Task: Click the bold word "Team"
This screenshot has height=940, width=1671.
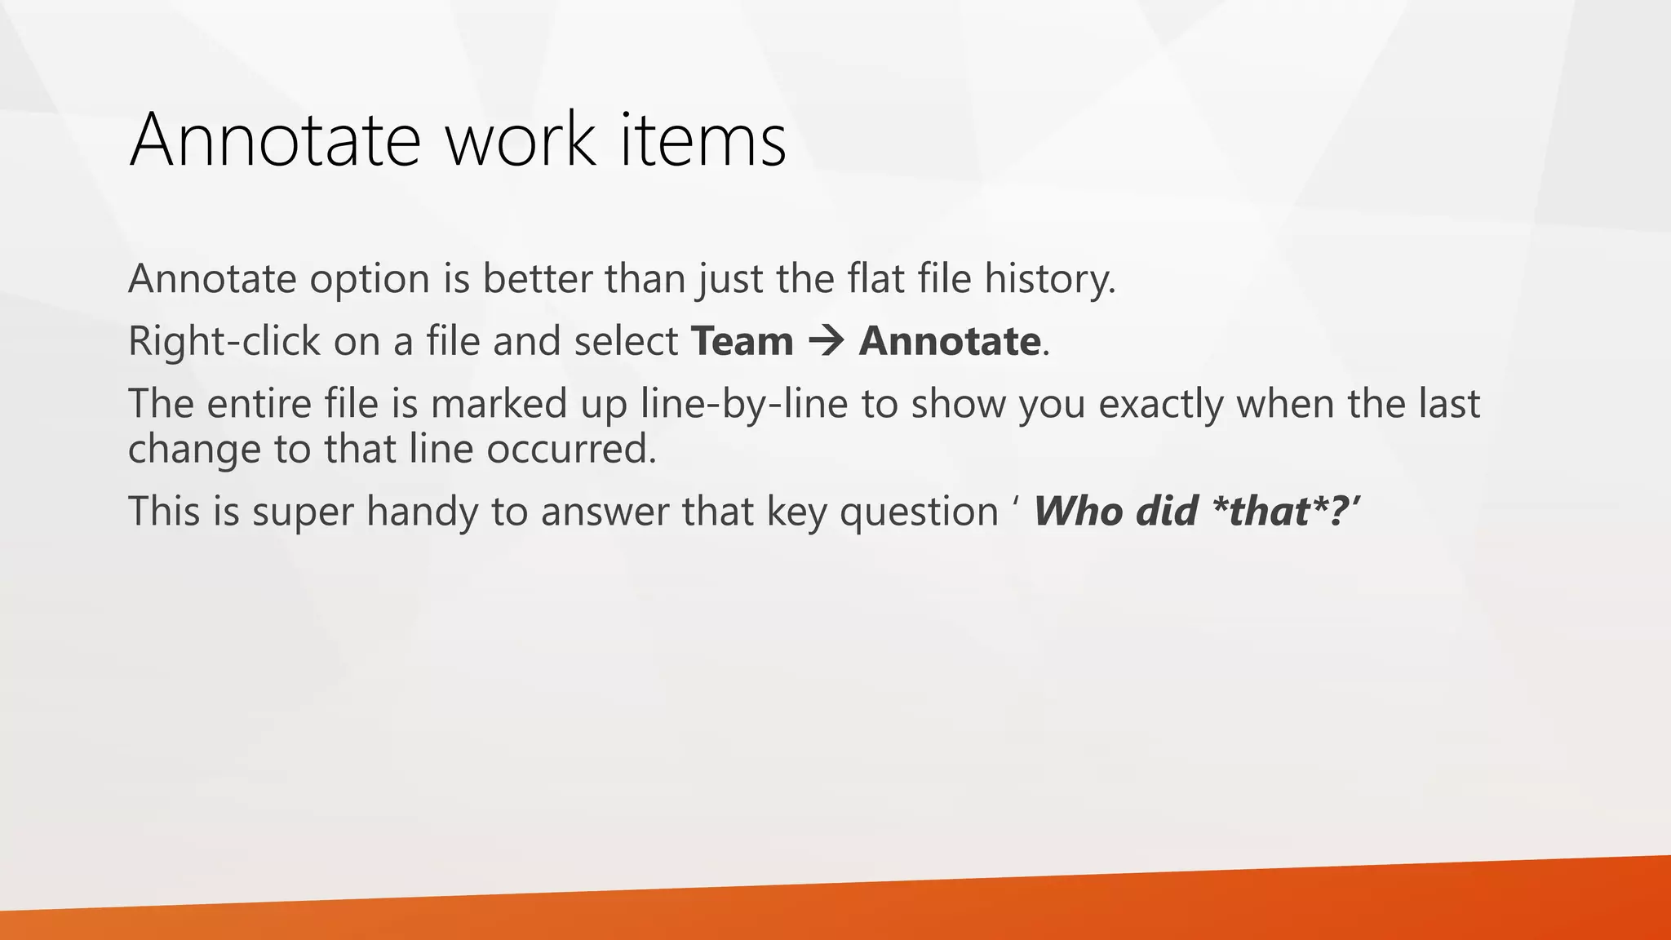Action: click(x=742, y=341)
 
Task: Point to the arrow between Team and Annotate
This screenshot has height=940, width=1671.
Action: click(x=826, y=341)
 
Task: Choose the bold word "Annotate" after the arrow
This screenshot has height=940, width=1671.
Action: click(x=949, y=341)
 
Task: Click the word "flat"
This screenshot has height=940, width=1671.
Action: click(x=875, y=279)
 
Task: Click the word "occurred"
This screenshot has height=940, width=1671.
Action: click(x=568, y=449)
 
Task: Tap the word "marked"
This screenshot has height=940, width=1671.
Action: click(x=499, y=404)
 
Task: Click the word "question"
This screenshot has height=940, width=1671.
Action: click(x=919, y=512)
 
